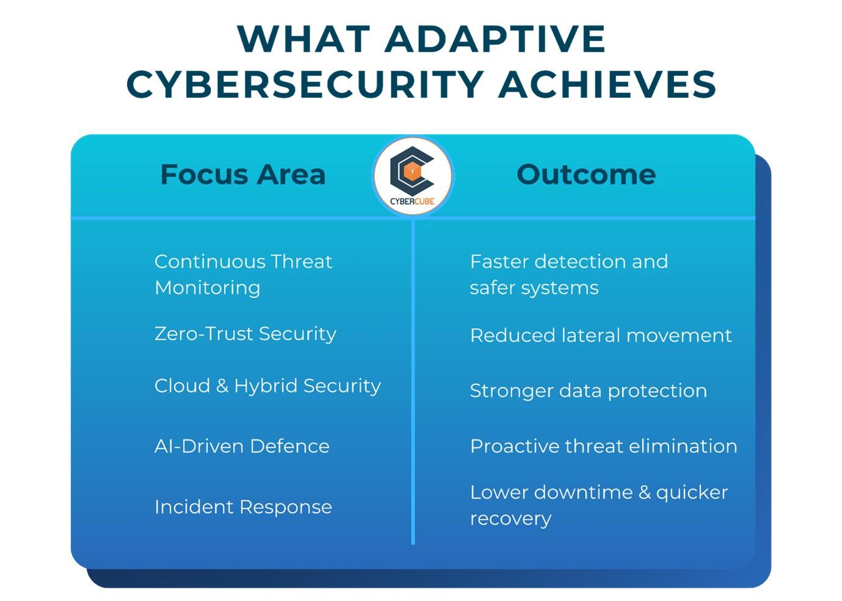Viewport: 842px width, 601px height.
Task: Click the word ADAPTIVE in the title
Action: pos(495,39)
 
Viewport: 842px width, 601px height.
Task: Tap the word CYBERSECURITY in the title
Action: pos(305,85)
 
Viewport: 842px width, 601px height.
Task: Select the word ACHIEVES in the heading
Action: pos(608,85)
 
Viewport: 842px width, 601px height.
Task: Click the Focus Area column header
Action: pos(243,175)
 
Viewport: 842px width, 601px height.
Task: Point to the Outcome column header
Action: pos(586,175)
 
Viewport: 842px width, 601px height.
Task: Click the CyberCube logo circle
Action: pos(413,176)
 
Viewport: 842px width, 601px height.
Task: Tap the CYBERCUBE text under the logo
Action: pos(412,201)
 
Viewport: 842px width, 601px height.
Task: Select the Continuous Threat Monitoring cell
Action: pos(243,275)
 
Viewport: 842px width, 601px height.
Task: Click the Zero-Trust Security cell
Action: pos(245,334)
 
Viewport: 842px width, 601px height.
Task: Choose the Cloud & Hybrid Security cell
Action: pos(267,386)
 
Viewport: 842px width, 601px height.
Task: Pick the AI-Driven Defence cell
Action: pos(242,446)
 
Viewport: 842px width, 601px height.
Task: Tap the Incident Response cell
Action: pos(244,507)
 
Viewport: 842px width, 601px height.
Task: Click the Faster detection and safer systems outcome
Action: pos(569,275)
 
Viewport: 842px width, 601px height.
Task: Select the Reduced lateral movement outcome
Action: pos(601,335)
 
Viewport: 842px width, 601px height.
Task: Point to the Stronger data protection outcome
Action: pos(589,391)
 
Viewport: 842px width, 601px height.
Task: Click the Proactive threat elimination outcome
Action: pos(604,446)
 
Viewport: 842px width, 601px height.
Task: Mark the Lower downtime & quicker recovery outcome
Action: pos(599,506)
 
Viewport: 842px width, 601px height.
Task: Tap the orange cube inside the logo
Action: pos(412,171)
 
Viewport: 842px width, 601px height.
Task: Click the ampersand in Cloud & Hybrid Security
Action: pos(222,386)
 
